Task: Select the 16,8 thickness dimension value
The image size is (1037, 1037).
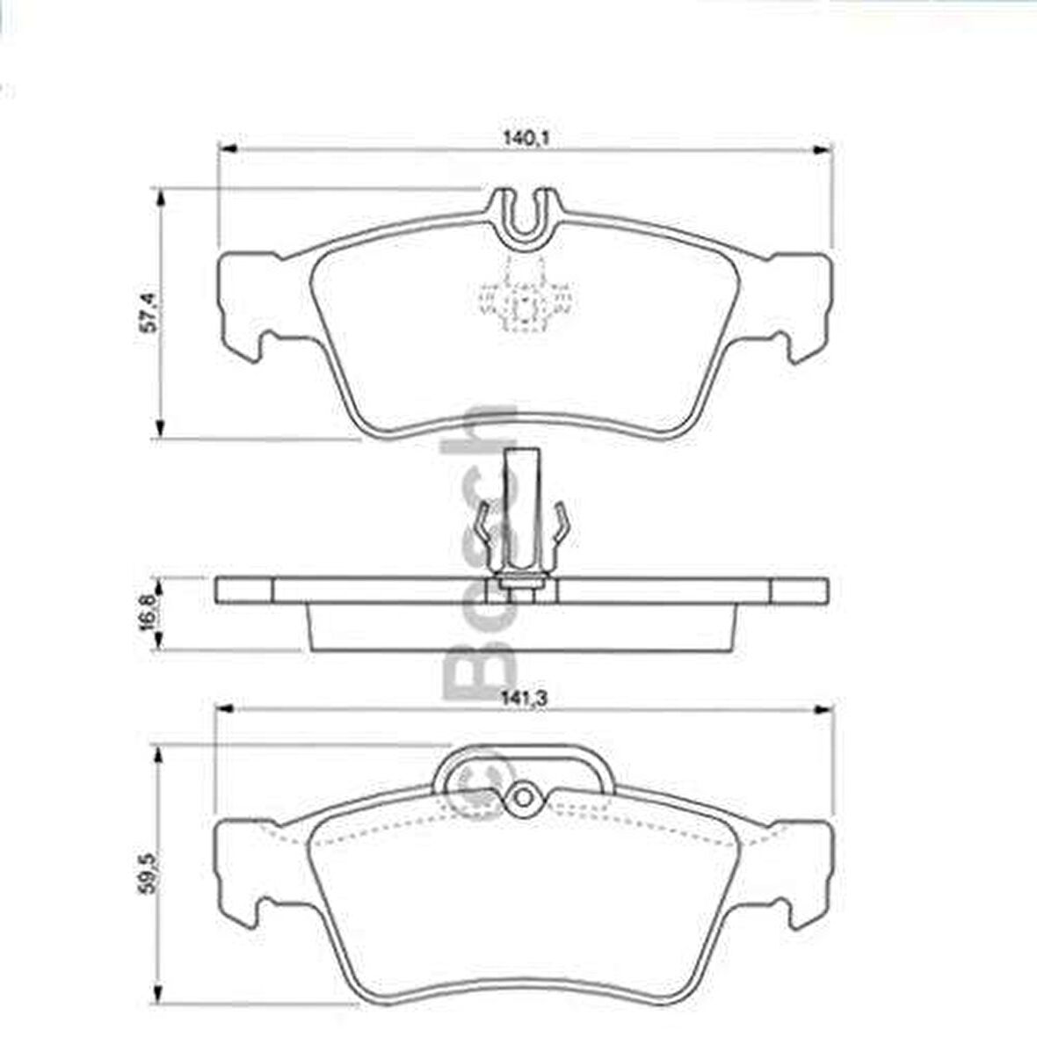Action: point(150,609)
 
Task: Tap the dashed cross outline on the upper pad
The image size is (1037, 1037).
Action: point(524,304)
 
